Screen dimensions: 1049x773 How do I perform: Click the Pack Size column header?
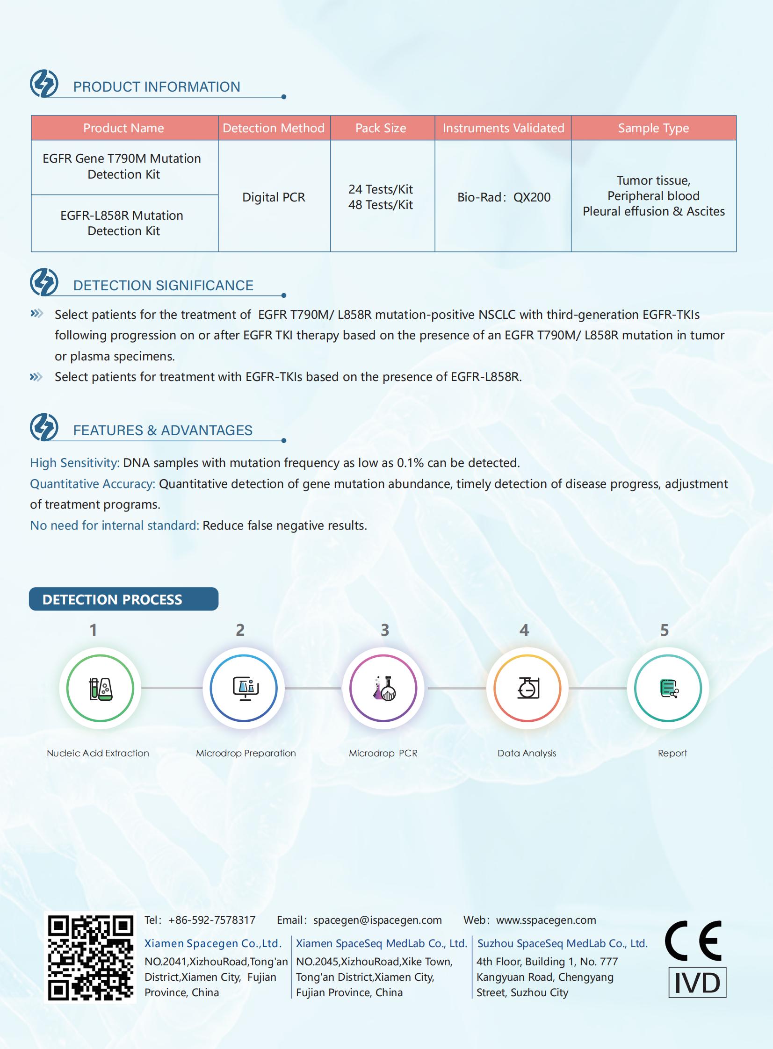(380, 128)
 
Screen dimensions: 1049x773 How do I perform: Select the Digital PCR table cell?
(274, 197)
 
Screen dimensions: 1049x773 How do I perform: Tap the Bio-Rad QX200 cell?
(504, 197)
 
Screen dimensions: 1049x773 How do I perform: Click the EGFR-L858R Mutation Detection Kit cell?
(123, 223)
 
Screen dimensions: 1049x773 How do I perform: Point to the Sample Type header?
(653, 128)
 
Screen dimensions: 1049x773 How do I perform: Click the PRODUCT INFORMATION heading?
(156, 87)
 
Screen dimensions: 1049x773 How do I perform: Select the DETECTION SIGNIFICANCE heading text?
(163, 286)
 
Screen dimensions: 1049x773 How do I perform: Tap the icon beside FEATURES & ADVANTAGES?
(44, 426)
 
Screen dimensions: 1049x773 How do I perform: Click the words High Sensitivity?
(74, 463)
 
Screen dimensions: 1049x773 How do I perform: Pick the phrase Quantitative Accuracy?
(92, 484)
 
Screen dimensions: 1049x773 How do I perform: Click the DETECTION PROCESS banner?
(123, 599)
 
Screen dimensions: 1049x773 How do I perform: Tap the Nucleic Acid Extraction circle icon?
(100, 688)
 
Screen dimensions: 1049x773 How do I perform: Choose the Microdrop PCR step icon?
(383, 688)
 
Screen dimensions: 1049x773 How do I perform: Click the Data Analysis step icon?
(527, 688)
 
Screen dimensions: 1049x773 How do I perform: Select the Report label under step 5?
(672, 754)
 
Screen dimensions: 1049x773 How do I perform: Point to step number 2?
(240, 631)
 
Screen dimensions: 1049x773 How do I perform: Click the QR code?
(90, 957)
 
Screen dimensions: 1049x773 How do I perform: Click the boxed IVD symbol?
(697, 982)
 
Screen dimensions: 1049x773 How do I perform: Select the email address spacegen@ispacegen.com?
(377, 920)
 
